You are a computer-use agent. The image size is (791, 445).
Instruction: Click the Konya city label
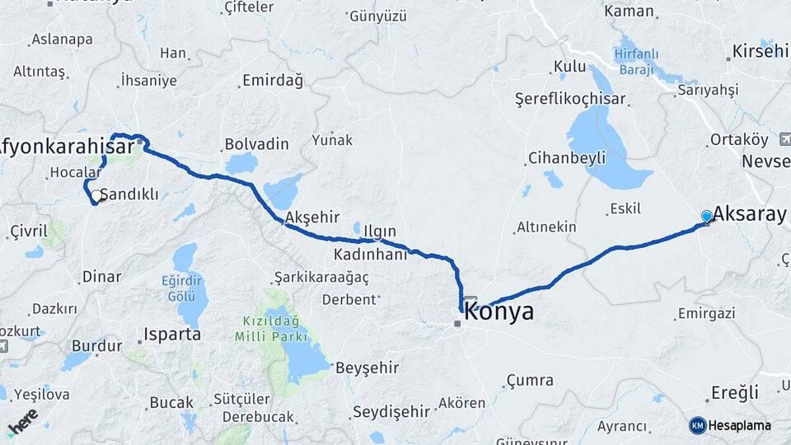point(499,312)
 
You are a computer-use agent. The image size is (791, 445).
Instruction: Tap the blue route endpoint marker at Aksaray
point(706,216)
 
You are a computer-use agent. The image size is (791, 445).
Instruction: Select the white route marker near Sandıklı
point(96,196)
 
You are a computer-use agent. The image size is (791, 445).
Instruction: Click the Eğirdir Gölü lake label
point(181,288)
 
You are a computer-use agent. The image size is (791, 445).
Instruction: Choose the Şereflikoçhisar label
point(570,99)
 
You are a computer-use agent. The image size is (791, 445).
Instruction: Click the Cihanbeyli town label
point(567,157)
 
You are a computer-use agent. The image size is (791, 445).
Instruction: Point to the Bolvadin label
point(257,144)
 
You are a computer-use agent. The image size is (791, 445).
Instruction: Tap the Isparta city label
point(172,335)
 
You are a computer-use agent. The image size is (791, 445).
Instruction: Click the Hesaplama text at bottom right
point(741,425)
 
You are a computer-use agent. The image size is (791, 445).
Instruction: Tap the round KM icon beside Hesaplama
point(698,425)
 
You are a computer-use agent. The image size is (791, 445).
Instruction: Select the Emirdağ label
point(272,81)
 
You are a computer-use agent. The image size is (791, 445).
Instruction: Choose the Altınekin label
point(546,227)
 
